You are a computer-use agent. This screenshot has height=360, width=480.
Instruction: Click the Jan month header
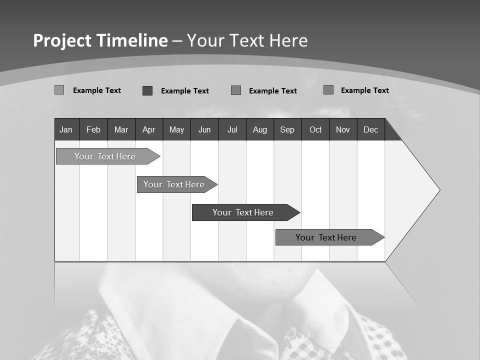point(66,129)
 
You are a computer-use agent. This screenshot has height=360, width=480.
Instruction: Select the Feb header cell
point(93,129)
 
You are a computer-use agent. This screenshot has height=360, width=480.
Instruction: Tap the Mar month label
point(121,129)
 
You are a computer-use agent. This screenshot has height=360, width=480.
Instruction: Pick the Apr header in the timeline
point(148,129)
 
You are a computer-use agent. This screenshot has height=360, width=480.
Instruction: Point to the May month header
point(176,129)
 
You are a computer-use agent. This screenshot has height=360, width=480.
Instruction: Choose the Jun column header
point(204,129)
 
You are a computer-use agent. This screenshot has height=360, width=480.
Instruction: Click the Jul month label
point(232,129)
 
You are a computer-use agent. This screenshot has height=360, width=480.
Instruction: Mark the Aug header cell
point(260,129)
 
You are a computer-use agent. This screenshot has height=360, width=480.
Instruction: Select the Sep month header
point(287,129)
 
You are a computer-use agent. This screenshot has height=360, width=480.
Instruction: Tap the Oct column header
point(315,129)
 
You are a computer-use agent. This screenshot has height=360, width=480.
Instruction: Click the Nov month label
point(343,129)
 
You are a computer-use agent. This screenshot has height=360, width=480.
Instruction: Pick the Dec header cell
point(371,129)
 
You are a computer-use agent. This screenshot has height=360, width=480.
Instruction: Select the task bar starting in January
point(105,156)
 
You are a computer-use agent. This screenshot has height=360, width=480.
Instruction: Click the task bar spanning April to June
point(174,184)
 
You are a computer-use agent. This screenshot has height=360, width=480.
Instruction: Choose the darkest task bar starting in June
point(243,212)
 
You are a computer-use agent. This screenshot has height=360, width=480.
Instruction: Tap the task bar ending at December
point(326,237)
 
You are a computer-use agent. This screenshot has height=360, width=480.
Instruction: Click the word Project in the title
point(62,40)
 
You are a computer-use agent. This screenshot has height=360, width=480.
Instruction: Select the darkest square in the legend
point(147,90)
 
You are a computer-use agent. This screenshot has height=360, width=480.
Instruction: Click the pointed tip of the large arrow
point(438,190)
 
